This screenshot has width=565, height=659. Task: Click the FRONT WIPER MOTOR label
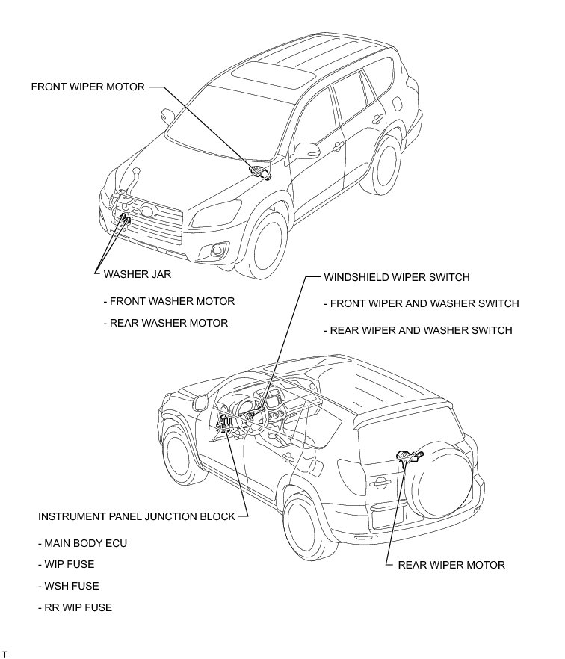pyautogui.click(x=88, y=87)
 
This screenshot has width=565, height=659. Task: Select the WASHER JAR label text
pyautogui.click(x=138, y=274)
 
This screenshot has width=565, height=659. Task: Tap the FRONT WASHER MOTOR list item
pyautogui.click(x=169, y=301)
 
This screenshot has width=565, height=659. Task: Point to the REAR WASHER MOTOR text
pyautogui.click(x=166, y=324)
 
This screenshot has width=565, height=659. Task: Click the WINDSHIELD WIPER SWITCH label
pyautogui.click(x=396, y=277)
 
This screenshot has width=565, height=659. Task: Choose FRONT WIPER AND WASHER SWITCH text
pyautogui.click(x=422, y=303)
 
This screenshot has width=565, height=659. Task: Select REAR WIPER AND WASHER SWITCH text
pyautogui.click(x=419, y=330)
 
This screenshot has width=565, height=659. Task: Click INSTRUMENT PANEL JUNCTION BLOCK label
pyautogui.click(x=136, y=516)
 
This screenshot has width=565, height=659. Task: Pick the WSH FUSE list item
pyautogui.click(x=68, y=587)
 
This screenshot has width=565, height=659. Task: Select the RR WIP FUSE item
pyautogui.click(x=75, y=608)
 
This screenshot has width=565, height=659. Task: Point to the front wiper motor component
pyautogui.click(x=262, y=173)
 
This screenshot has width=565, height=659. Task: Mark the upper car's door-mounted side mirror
pyautogui.click(x=304, y=152)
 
